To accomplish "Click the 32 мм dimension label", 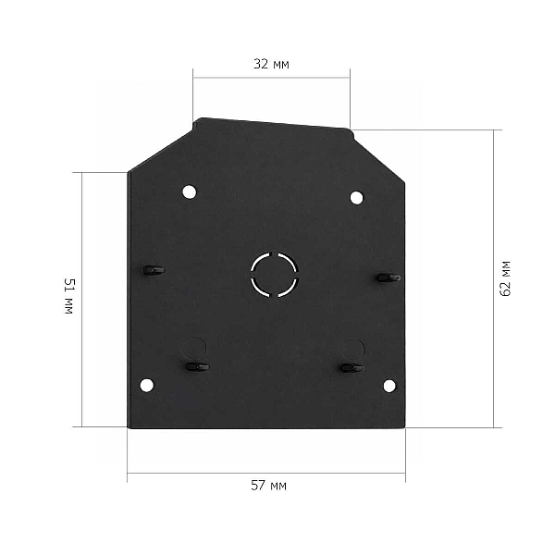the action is coord(271,64).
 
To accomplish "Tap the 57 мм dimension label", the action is coord(268,486).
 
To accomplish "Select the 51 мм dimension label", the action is coord(69,296).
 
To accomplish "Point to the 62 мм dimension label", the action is coord(506,278).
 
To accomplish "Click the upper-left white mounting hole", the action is coord(190,191).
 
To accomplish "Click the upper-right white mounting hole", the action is coord(356,198).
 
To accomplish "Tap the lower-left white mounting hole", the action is coord(147,386).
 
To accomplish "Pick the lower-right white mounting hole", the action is coord(389,386).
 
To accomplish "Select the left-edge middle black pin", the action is coord(154,270).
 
